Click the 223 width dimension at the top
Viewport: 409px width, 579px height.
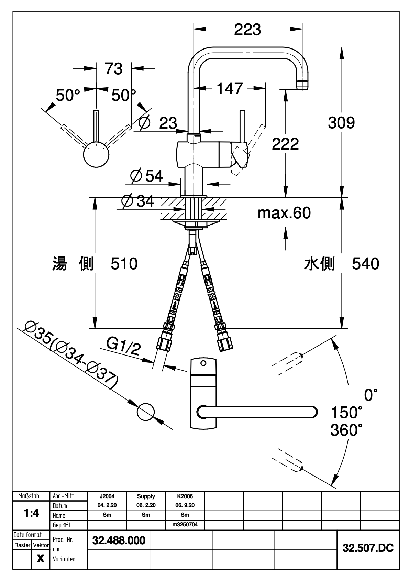(x=247, y=30)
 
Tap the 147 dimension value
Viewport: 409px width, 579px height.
(x=230, y=88)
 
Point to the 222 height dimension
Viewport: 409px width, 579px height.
(x=285, y=144)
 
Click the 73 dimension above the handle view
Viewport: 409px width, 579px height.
(x=113, y=69)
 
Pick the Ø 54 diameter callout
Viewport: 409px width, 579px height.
(x=146, y=176)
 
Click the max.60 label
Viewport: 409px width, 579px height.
(x=284, y=213)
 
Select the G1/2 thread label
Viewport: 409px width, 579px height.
(x=123, y=347)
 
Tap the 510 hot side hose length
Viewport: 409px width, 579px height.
(x=124, y=264)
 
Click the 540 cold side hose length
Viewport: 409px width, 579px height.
(x=366, y=264)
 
